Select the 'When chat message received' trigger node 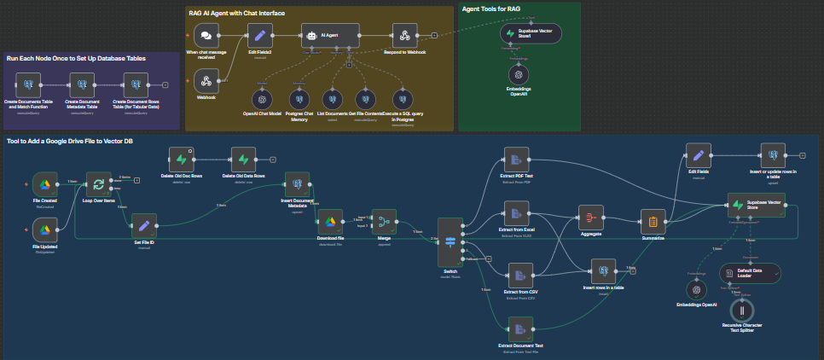pos(205,36)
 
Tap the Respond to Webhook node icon pos(406,36)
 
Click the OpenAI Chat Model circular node pos(263,98)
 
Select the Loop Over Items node pos(99,184)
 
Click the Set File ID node pos(144,225)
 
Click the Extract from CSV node pos(519,275)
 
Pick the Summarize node pos(653,223)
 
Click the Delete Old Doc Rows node pos(182,160)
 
